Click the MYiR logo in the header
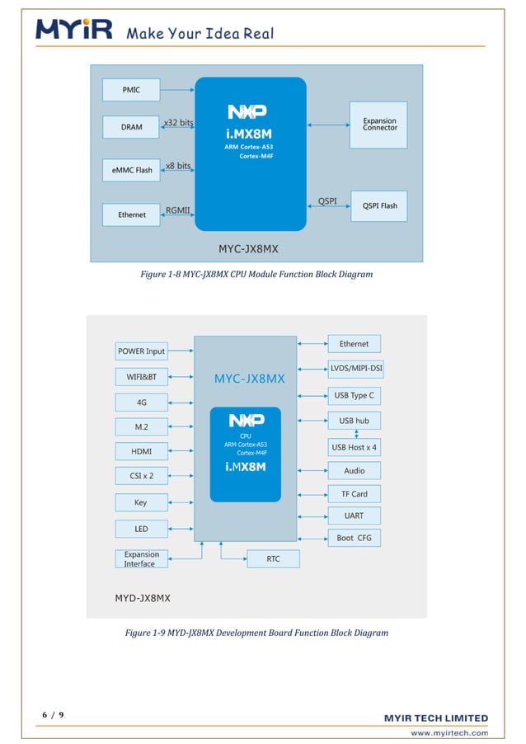tap(74, 31)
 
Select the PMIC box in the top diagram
tap(131, 89)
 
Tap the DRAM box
tap(131, 127)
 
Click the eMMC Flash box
tap(132, 170)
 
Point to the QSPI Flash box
tap(378, 205)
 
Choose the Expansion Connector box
tap(378, 125)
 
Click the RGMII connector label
tap(179, 210)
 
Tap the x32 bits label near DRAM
tap(178, 123)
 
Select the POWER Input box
tap(141, 351)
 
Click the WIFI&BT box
tap(141, 377)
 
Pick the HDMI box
tap(141, 451)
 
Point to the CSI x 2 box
tap(141, 476)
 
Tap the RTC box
tap(273, 559)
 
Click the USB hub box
tap(354, 421)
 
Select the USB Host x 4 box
tap(354, 447)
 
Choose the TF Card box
tap(354, 494)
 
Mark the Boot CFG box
tap(354, 538)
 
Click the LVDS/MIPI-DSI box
tap(356, 369)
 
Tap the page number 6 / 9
tap(53, 714)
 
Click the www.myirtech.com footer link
tap(449, 732)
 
